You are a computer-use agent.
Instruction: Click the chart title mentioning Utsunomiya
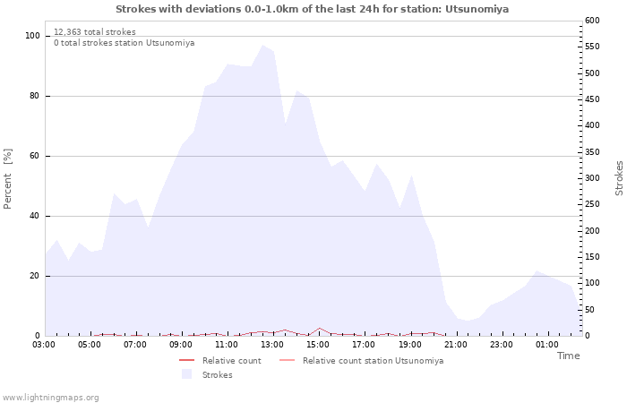(x=312, y=9)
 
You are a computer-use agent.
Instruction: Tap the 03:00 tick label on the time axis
(x=44, y=344)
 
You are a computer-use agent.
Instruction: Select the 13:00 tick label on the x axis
(x=272, y=344)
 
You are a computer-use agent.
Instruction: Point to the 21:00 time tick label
(x=456, y=344)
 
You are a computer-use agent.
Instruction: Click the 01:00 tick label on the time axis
(x=547, y=344)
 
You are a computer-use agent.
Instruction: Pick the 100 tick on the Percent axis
(x=33, y=36)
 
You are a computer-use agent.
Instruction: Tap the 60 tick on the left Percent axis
(x=36, y=156)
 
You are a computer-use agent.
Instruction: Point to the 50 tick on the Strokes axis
(x=589, y=310)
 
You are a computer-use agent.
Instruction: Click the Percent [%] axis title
(x=8, y=179)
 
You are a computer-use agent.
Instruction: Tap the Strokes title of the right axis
(x=619, y=178)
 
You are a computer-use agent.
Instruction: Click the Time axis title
(x=568, y=356)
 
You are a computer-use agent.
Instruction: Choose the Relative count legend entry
(x=231, y=361)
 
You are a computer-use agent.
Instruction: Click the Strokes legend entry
(x=217, y=375)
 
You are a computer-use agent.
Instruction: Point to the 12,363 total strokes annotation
(x=95, y=32)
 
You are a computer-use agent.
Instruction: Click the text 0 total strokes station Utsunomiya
(x=124, y=43)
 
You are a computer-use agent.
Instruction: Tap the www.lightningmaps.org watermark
(x=50, y=397)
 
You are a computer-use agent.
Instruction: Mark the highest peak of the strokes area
(x=262, y=46)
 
